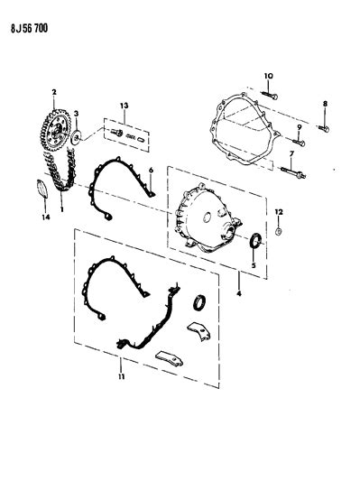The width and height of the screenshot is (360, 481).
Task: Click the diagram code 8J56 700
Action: [x=29, y=28]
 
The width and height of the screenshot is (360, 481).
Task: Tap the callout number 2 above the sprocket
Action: [x=54, y=92]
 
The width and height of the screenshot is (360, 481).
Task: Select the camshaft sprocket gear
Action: [x=56, y=130]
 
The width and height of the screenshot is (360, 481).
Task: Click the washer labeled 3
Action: [x=76, y=137]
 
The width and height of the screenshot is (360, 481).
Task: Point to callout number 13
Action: [x=125, y=106]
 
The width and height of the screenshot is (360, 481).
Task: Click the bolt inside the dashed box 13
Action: [x=116, y=133]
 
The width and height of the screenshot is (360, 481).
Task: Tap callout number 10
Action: [x=268, y=76]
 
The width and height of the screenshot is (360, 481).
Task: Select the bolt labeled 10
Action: [x=270, y=95]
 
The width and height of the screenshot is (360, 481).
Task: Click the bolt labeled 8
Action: [x=324, y=128]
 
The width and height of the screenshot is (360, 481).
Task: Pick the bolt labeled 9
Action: [x=299, y=143]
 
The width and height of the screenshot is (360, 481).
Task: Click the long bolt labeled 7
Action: [x=293, y=172]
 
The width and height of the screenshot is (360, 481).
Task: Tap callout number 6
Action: [x=151, y=170]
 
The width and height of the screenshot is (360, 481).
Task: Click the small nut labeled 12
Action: [x=279, y=232]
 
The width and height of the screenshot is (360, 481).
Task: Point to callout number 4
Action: [x=239, y=293]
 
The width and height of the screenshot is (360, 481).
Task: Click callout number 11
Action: [x=122, y=376]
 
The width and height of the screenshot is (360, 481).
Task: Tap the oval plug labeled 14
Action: [x=42, y=189]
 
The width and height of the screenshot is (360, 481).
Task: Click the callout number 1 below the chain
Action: [x=61, y=209]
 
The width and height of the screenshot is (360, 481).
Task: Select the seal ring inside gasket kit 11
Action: [x=199, y=302]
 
